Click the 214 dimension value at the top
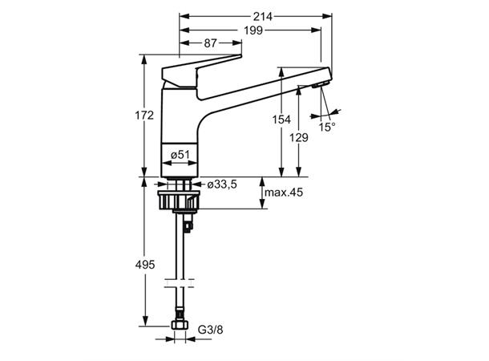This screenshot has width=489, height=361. point(263,16)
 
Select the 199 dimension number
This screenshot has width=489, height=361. point(253,30)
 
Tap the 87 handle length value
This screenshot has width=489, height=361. point(210,43)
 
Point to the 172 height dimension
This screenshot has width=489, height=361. point(144,116)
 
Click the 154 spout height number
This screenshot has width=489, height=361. point(281,120)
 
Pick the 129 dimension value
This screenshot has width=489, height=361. point(299,137)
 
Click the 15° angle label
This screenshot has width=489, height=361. point(327,127)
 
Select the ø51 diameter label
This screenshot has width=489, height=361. point(180,154)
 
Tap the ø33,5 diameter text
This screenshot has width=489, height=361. point(222,185)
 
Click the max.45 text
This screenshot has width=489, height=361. point(284,193)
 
